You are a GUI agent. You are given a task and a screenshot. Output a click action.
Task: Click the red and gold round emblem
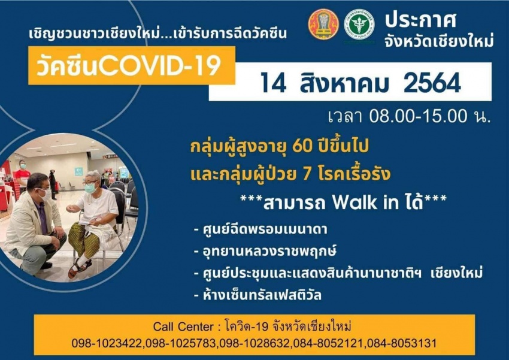pyautogui.click(x=323, y=25)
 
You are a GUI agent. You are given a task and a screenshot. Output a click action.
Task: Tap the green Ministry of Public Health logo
pyautogui.click(x=359, y=25)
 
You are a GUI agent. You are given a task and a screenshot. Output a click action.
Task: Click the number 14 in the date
pyautogui.click(x=273, y=83)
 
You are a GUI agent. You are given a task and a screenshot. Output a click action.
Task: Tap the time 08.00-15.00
pyautogui.click(x=418, y=116)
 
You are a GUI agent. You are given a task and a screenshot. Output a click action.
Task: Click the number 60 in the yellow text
pyautogui.click(x=302, y=146)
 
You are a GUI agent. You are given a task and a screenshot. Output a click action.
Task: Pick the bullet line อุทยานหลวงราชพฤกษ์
pyautogui.click(x=265, y=251)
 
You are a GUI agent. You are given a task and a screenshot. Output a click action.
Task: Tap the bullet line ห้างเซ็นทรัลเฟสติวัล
pyautogui.click(x=257, y=295)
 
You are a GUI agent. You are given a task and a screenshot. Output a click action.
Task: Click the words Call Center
pyautogui.click(x=183, y=326)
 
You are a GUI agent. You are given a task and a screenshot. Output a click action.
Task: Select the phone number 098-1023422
pyautogui.click(x=107, y=343)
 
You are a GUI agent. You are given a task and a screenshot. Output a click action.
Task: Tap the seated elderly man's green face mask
pyautogui.click(x=90, y=188)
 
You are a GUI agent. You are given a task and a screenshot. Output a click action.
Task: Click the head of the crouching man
pyautogui.click(x=38, y=186)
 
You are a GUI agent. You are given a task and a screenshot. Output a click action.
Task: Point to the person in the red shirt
pyautogui.click(x=22, y=177)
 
